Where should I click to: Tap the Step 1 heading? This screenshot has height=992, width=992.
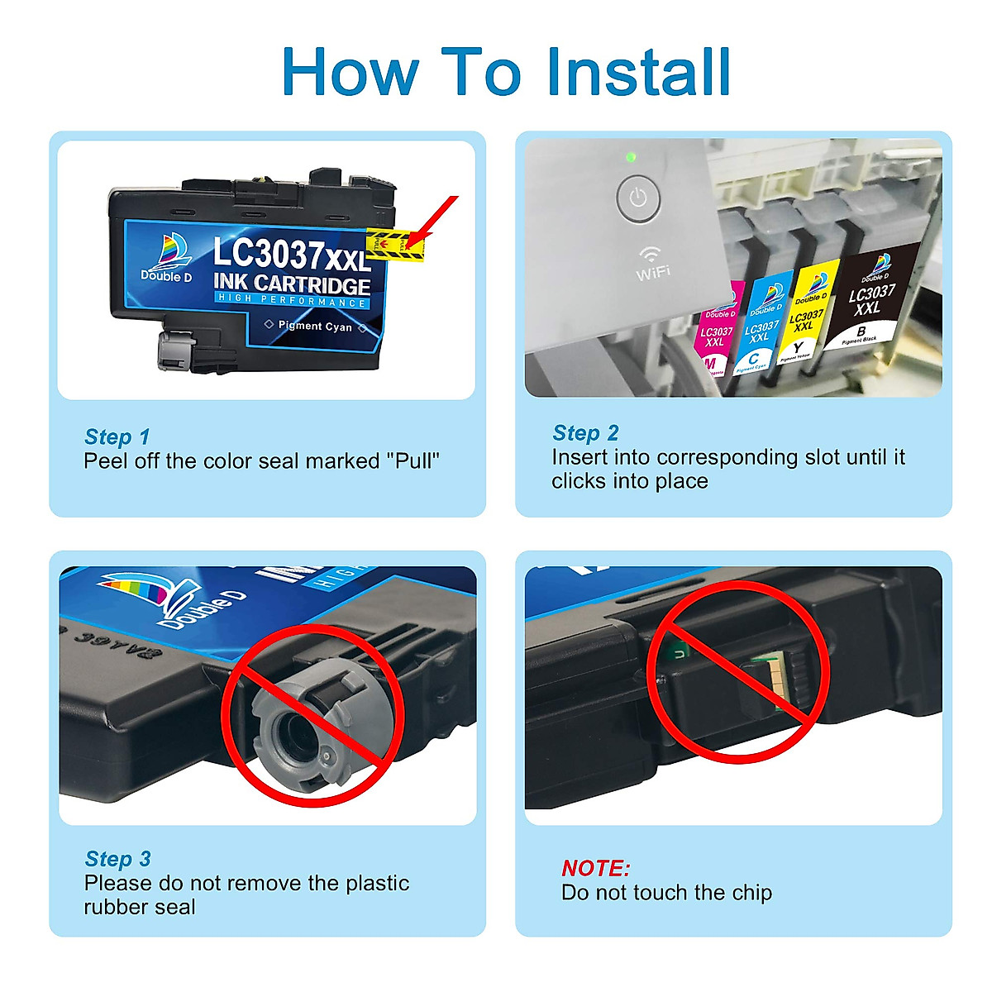click(117, 436)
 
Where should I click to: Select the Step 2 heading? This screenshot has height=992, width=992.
click(585, 433)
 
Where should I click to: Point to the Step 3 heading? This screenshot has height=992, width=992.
click(117, 859)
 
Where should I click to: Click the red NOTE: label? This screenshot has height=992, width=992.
click(595, 868)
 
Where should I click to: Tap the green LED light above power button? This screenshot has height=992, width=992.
click(632, 157)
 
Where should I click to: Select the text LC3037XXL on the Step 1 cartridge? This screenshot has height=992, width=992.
click(291, 255)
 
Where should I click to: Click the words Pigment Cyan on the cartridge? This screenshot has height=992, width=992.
click(315, 327)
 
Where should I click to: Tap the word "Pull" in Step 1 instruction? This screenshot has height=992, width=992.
click(413, 461)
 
